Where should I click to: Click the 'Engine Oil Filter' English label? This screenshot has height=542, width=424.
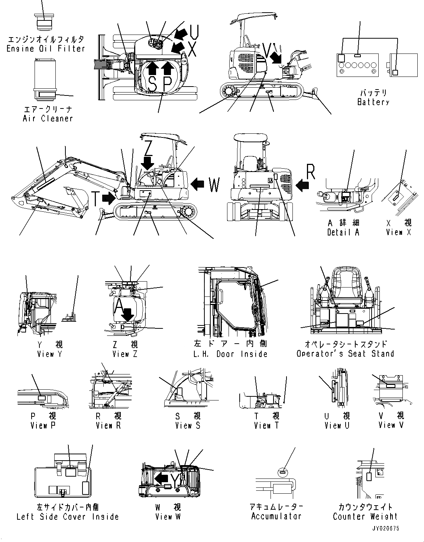pos(46,48)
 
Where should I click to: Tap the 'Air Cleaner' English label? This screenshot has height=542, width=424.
pos(48,119)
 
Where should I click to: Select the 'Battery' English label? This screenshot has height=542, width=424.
pos(373,102)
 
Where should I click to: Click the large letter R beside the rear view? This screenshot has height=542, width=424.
pos(311,172)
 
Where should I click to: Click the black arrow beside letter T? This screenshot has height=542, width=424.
pos(109,198)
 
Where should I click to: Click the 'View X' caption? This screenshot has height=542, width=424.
pos(399,233)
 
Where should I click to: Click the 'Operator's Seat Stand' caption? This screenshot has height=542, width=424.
pos(345,354)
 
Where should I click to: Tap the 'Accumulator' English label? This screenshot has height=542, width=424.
pos(276,516)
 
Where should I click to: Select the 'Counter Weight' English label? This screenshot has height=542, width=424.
pos(365,516)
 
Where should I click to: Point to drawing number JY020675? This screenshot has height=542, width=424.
pos(385,528)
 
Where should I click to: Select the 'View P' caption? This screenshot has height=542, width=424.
pos(43,426)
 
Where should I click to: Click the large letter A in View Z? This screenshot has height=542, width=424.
pos(119,306)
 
